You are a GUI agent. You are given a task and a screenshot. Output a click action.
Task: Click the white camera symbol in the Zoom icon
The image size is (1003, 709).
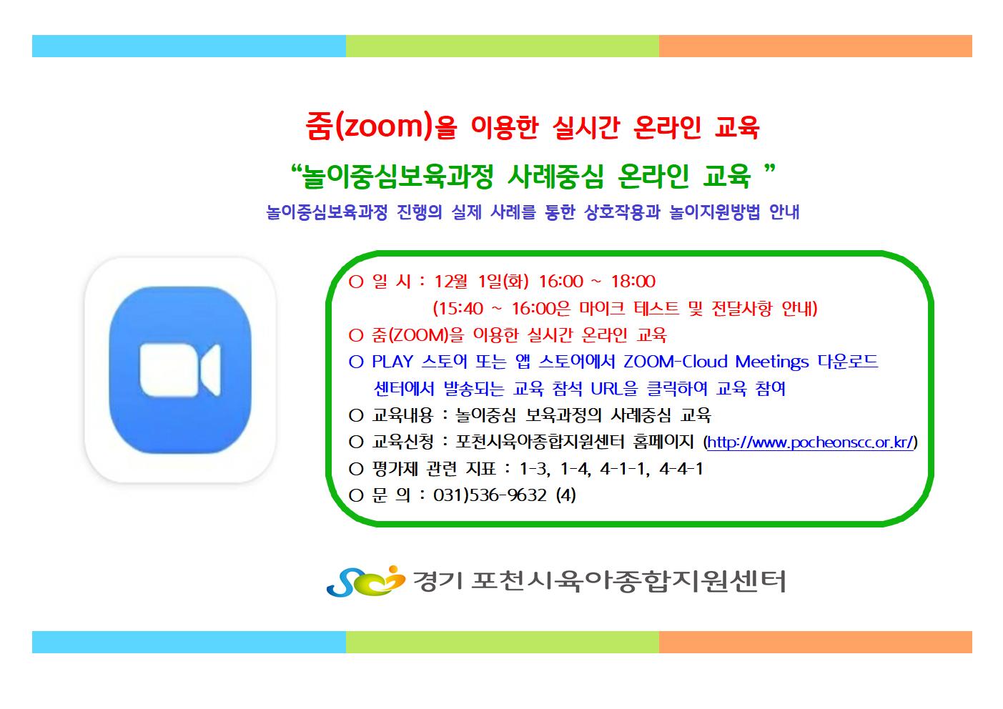click(x=180, y=370)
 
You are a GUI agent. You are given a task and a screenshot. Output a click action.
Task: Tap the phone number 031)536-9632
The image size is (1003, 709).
click(x=490, y=495)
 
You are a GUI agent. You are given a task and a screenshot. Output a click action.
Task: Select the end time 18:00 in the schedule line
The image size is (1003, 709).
click(x=633, y=282)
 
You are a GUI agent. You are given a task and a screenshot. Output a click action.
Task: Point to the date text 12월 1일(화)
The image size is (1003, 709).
click(x=481, y=282)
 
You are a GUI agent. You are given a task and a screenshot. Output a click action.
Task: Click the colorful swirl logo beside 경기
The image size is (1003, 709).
click(x=365, y=581)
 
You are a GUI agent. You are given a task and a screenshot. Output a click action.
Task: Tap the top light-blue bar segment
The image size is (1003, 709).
click(x=189, y=46)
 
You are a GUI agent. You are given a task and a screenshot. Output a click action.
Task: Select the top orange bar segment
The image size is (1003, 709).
click(x=816, y=46)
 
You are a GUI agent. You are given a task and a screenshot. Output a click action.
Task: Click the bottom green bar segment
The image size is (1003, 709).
click(x=503, y=642)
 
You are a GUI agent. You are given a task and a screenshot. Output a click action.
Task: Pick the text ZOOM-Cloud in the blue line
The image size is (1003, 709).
click(x=676, y=362)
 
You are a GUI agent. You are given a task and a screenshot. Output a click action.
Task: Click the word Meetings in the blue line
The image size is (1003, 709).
click(x=772, y=362)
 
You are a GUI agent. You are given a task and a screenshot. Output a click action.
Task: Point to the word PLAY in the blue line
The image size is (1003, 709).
click(x=392, y=362)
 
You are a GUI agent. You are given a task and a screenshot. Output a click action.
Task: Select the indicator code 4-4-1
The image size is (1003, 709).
click(x=681, y=469)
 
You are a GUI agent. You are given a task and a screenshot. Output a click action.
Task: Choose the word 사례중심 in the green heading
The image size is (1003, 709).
click(x=555, y=176)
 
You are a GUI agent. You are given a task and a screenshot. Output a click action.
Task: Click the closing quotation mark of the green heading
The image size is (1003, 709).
click(x=769, y=169)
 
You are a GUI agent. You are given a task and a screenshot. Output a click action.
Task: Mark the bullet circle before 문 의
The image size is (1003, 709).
click(x=356, y=495)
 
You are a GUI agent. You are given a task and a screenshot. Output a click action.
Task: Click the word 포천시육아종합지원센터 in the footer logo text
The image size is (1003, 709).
click(x=628, y=581)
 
